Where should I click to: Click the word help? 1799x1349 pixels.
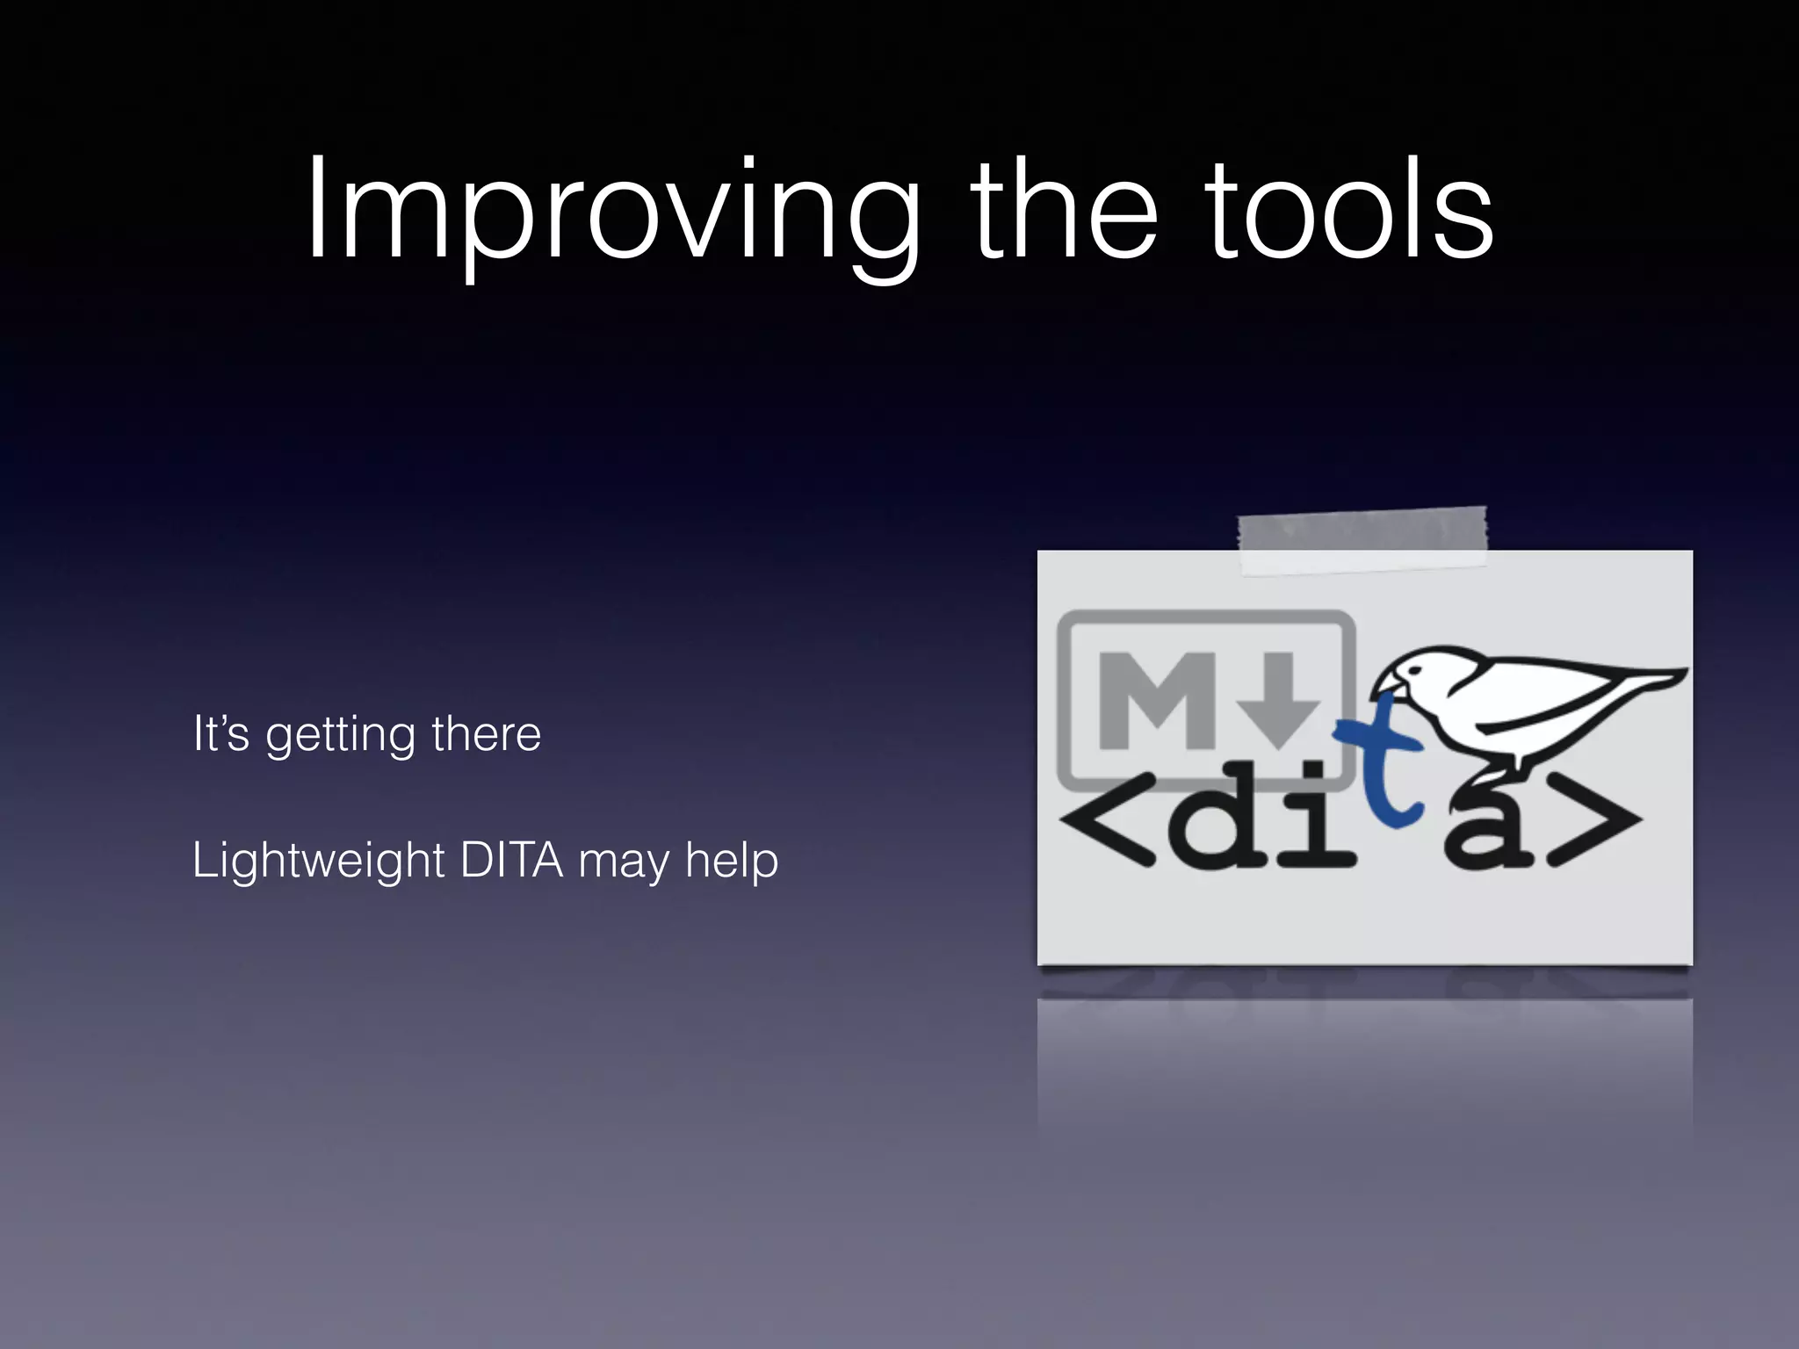pyautogui.click(x=732, y=861)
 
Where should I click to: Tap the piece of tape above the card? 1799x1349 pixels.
pyautogui.click(x=1362, y=540)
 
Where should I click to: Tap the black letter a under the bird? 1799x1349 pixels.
pyautogui.click(x=1485, y=830)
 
